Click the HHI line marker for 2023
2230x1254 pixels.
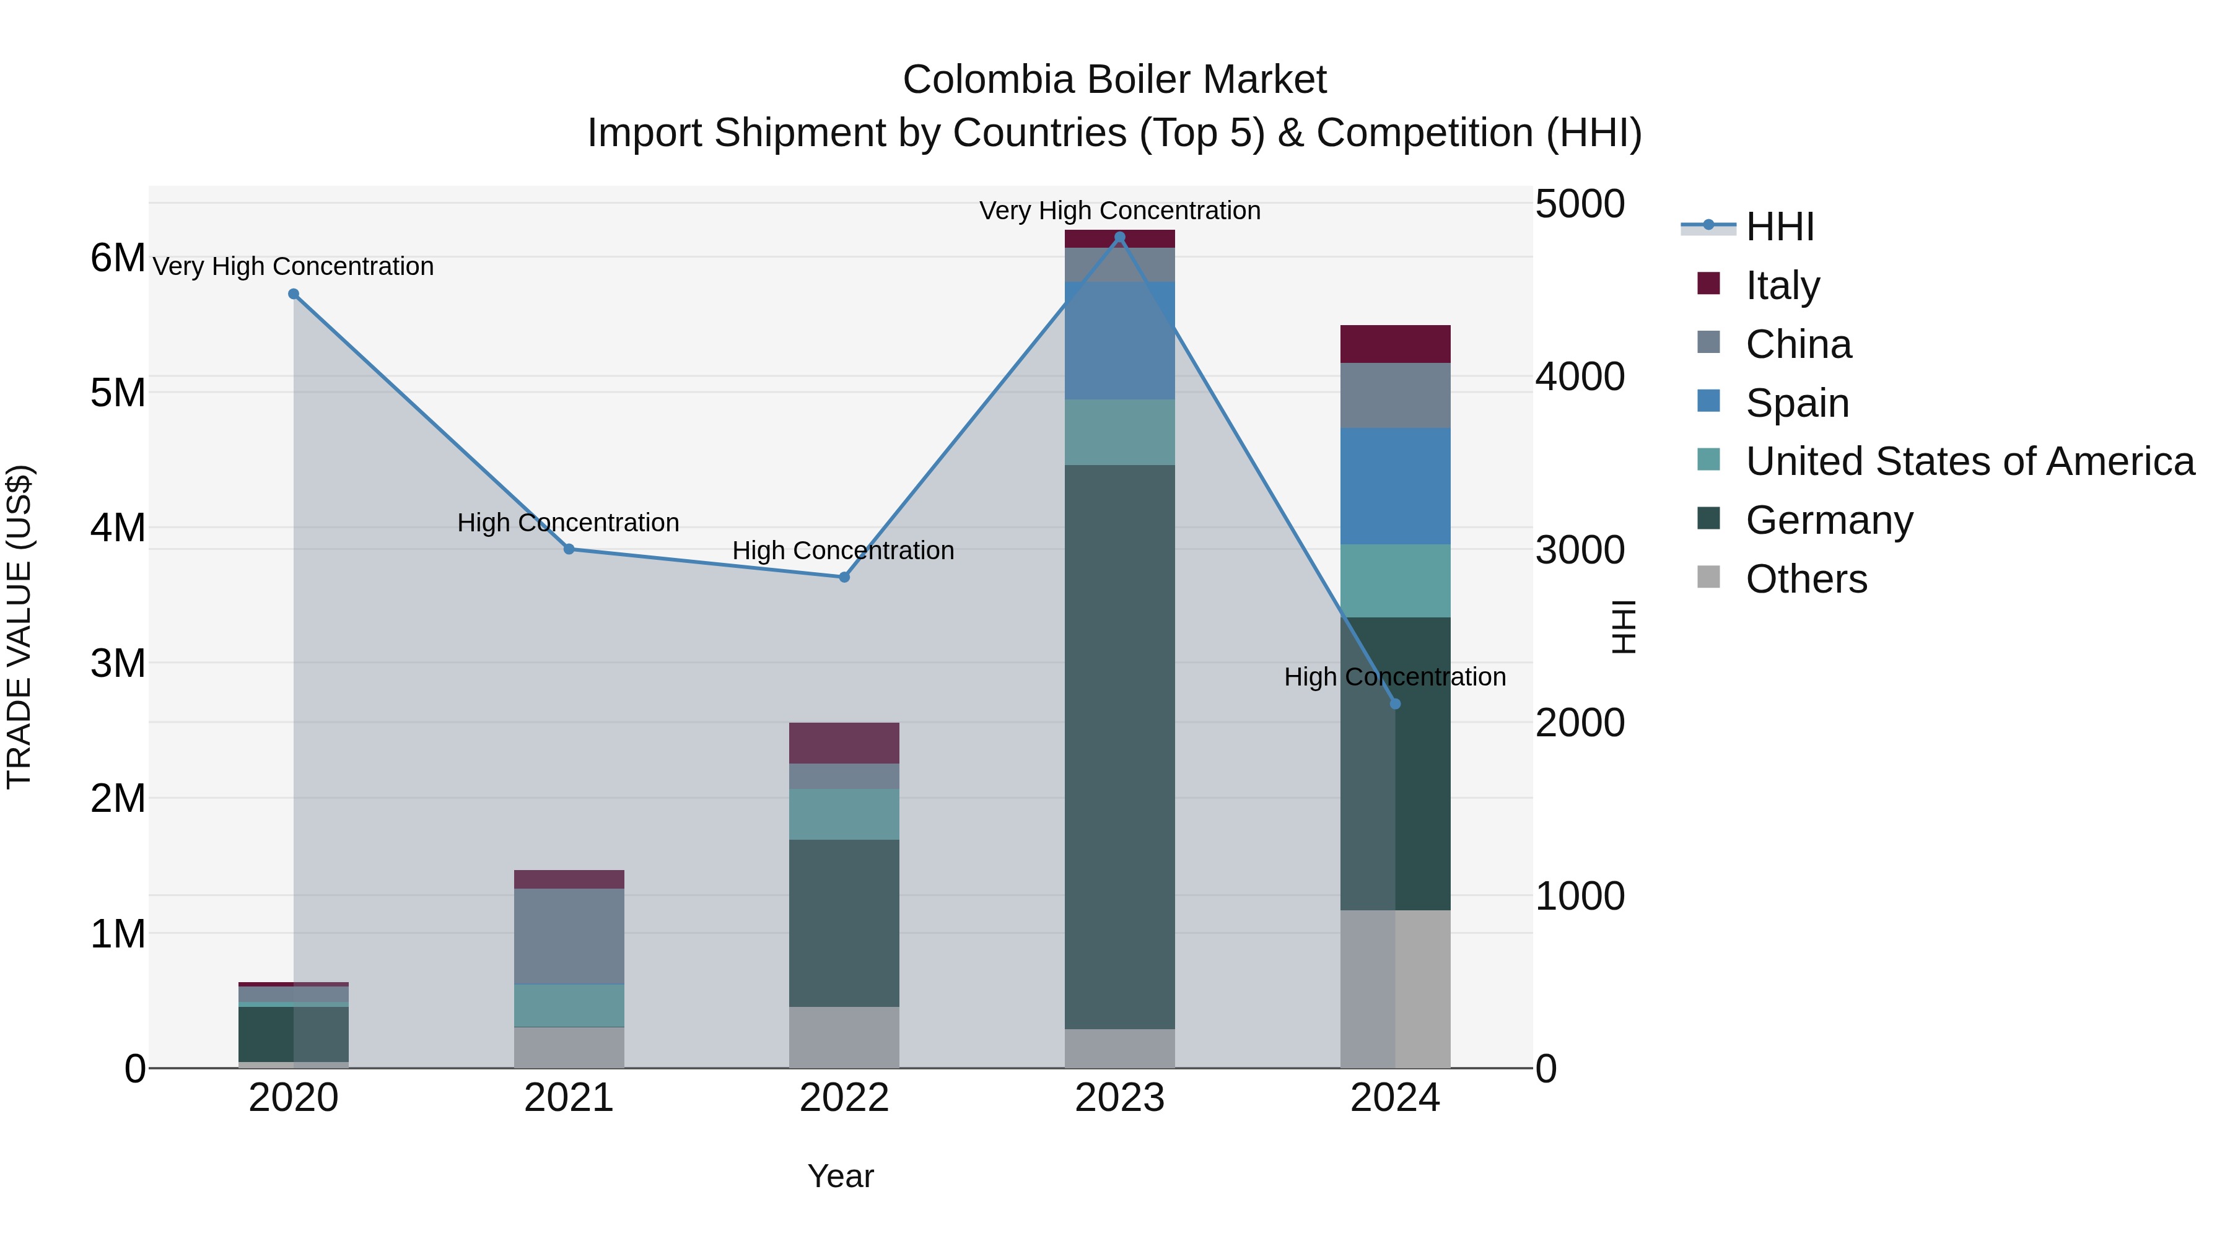click(1119, 237)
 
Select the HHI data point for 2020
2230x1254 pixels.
click(294, 294)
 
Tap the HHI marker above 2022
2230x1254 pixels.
click(844, 577)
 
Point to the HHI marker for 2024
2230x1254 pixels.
click(1394, 703)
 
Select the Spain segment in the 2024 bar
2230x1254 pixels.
click(1394, 485)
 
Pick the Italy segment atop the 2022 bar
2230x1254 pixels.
click(844, 742)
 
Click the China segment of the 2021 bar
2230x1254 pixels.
click(569, 936)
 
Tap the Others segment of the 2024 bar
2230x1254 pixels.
click(1394, 988)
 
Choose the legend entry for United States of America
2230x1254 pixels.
click(1969, 461)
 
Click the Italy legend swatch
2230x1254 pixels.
click(1708, 283)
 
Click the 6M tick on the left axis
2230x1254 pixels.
click(118, 258)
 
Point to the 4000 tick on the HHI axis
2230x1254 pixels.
click(1580, 377)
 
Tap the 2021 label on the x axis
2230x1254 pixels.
click(569, 1098)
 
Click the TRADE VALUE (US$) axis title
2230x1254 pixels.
click(19, 627)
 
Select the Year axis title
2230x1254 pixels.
click(840, 1176)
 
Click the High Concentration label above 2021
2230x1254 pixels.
click(568, 523)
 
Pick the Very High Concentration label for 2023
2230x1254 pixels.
click(1119, 211)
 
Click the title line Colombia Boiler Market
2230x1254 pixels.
click(1114, 80)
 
